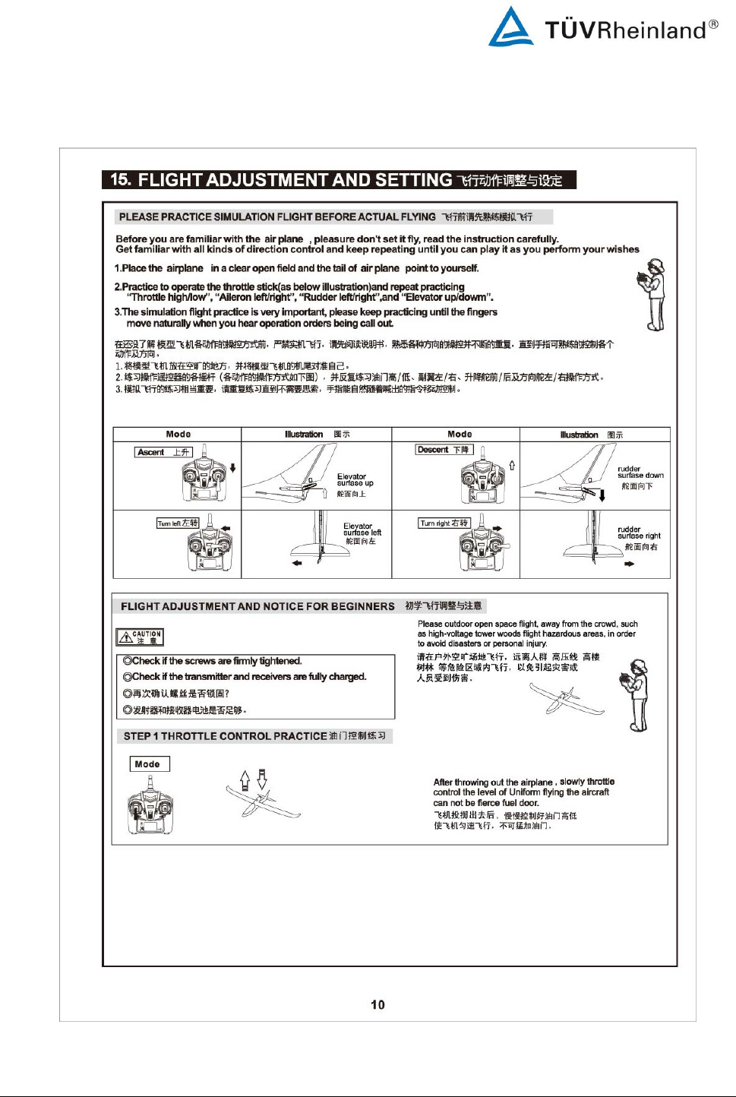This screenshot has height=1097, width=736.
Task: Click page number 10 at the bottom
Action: click(x=377, y=1004)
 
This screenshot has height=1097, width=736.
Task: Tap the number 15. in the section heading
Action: click(x=121, y=179)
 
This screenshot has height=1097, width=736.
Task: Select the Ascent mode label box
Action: click(x=163, y=452)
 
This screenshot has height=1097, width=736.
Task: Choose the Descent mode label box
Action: click(x=444, y=450)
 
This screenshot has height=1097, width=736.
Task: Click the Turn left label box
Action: click(x=178, y=523)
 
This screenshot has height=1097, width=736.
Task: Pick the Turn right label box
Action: click(x=444, y=523)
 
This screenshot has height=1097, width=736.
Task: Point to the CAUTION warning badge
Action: click(x=140, y=637)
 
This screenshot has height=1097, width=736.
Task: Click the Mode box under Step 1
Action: click(x=149, y=764)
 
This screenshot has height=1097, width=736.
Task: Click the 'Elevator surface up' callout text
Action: click(x=355, y=480)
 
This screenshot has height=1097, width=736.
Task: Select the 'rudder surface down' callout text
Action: click(x=640, y=473)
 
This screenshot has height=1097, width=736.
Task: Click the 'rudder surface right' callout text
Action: click(x=638, y=533)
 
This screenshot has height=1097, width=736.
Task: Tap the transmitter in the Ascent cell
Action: click(x=204, y=476)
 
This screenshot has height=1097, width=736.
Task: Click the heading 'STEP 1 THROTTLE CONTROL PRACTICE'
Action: click(x=254, y=736)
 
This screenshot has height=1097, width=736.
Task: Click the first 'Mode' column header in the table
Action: click(x=178, y=435)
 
